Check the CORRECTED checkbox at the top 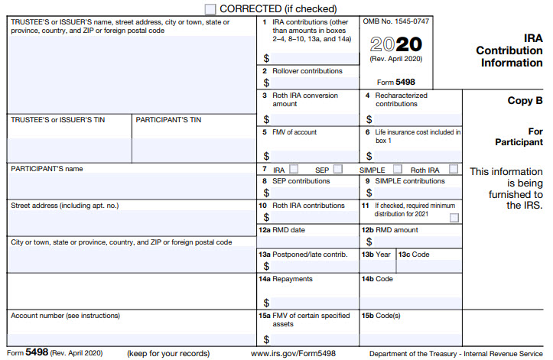pos(210,8)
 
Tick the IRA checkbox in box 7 pos(294,169)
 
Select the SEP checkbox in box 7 pos(338,169)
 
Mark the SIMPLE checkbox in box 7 pos(398,169)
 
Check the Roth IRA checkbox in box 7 pos(454,169)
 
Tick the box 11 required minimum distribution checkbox pos(454,218)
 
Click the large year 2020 pos(395,44)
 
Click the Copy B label pos(525,100)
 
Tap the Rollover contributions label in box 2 pos(307,71)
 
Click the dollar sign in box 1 pos(266,58)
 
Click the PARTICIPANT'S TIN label pos(168,120)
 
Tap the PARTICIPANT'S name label pos(47,168)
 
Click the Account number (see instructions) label pos(65,315)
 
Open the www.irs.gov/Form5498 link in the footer pos(293,353)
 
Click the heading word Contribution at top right pos(509,50)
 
